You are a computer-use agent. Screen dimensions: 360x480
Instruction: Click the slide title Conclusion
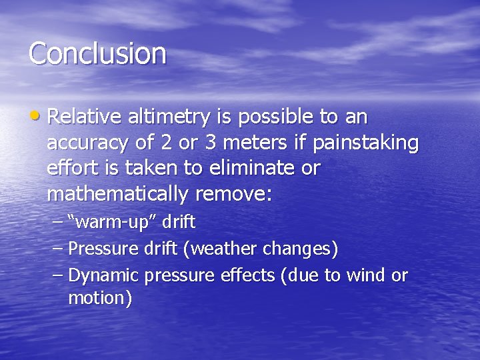pos(97,53)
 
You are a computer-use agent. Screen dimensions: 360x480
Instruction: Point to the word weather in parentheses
pos(223,249)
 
